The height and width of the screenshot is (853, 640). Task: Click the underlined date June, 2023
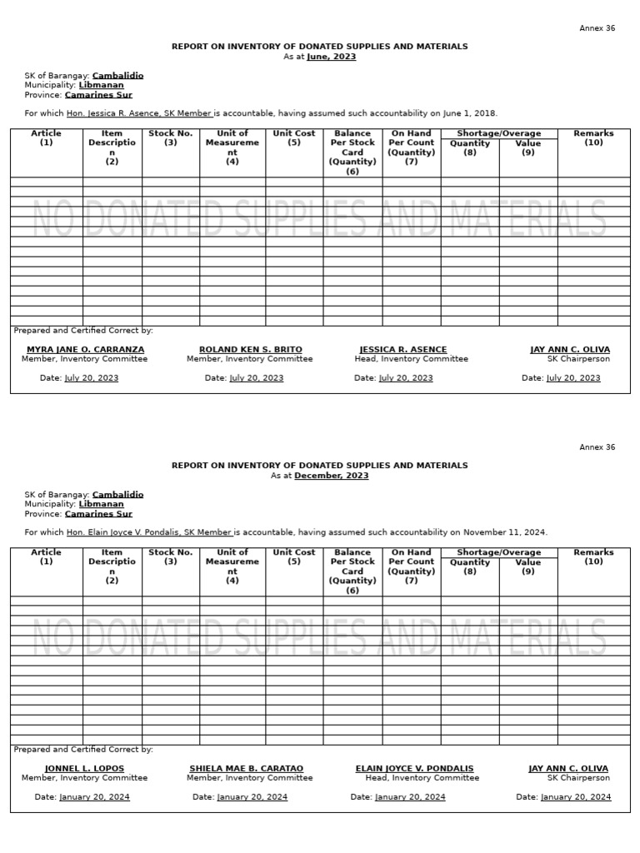click(331, 57)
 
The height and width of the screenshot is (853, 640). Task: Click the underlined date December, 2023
click(331, 476)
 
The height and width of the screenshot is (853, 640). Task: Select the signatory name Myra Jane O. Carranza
click(85, 349)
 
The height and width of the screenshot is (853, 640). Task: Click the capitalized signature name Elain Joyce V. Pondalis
click(414, 768)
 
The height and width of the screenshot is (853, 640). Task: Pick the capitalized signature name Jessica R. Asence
click(403, 349)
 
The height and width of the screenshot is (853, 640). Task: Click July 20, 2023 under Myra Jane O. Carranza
click(91, 378)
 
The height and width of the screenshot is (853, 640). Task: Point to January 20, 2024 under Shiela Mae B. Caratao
click(252, 797)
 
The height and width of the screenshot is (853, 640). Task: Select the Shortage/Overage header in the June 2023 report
click(498, 133)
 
